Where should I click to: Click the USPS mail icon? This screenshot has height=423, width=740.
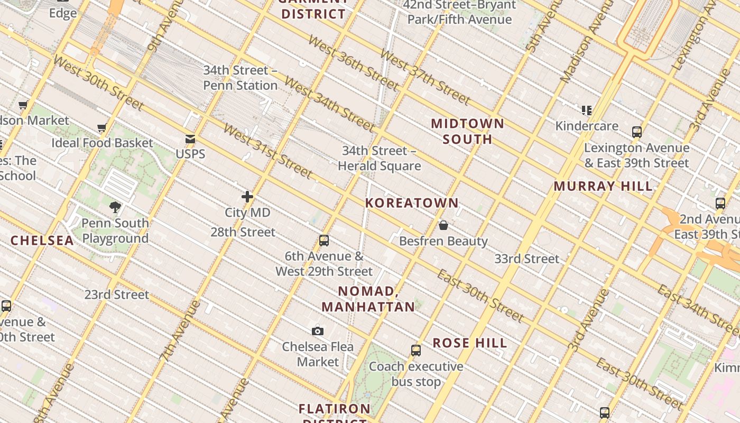pyautogui.click(x=190, y=140)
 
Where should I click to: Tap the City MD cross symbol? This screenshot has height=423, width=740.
pyautogui.click(x=247, y=197)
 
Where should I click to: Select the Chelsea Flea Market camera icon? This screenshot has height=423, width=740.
pyautogui.click(x=318, y=332)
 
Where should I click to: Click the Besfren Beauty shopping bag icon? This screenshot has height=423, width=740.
pyautogui.click(x=443, y=226)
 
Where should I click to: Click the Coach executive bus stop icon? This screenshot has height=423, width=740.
pyautogui.click(x=416, y=351)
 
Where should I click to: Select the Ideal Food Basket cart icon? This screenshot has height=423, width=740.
pyautogui.click(x=102, y=128)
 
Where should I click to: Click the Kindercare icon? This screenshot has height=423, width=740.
pyautogui.click(x=587, y=111)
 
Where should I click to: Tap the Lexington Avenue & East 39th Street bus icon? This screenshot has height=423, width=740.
pyautogui.click(x=637, y=132)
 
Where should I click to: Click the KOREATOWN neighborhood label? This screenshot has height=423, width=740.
pyautogui.click(x=412, y=203)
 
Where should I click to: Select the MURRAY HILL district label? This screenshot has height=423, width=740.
pyautogui.click(x=603, y=186)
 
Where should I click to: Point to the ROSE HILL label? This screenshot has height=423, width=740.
pyautogui.click(x=470, y=343)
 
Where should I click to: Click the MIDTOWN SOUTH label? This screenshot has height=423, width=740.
pyautogui.click(x=467, y=131)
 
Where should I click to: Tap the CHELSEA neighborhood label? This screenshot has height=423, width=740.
pyautogui.click(x=42, y=241)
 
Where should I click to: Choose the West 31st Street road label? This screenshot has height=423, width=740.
pyautogui.click(x=267, y=151)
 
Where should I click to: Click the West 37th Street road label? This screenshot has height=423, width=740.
pyautogui.click(x=424, y=77)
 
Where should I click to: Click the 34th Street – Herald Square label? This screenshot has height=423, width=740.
pyautogui.click(x=380, y=158)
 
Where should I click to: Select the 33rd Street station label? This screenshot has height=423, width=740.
pyautogui.click(x=526, y=259)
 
